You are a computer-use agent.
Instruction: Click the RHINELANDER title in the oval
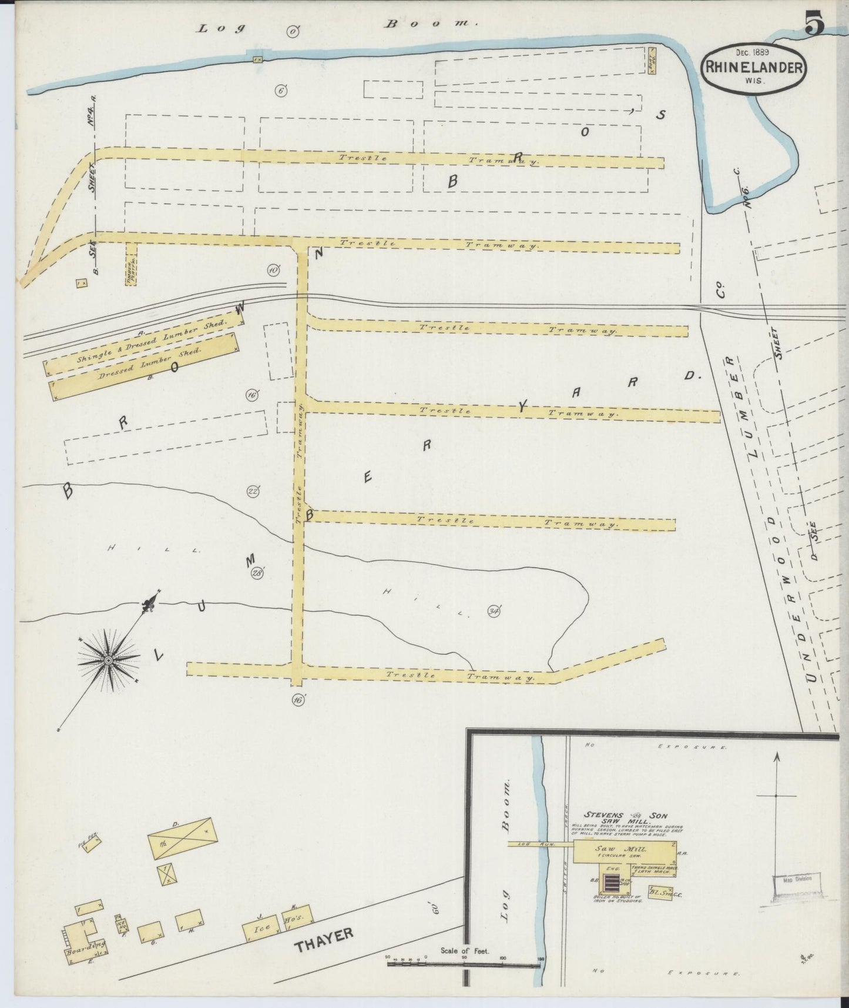click(x=753, y=67)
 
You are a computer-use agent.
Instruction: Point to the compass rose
click(x=109, y=661)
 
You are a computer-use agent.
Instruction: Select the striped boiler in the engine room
click(x=612, y=884)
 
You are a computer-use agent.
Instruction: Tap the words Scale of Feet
click(x=464, y=950)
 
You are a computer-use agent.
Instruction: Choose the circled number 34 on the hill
click(x=494, y=612)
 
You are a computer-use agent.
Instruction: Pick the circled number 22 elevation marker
click(x=253, y=492)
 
